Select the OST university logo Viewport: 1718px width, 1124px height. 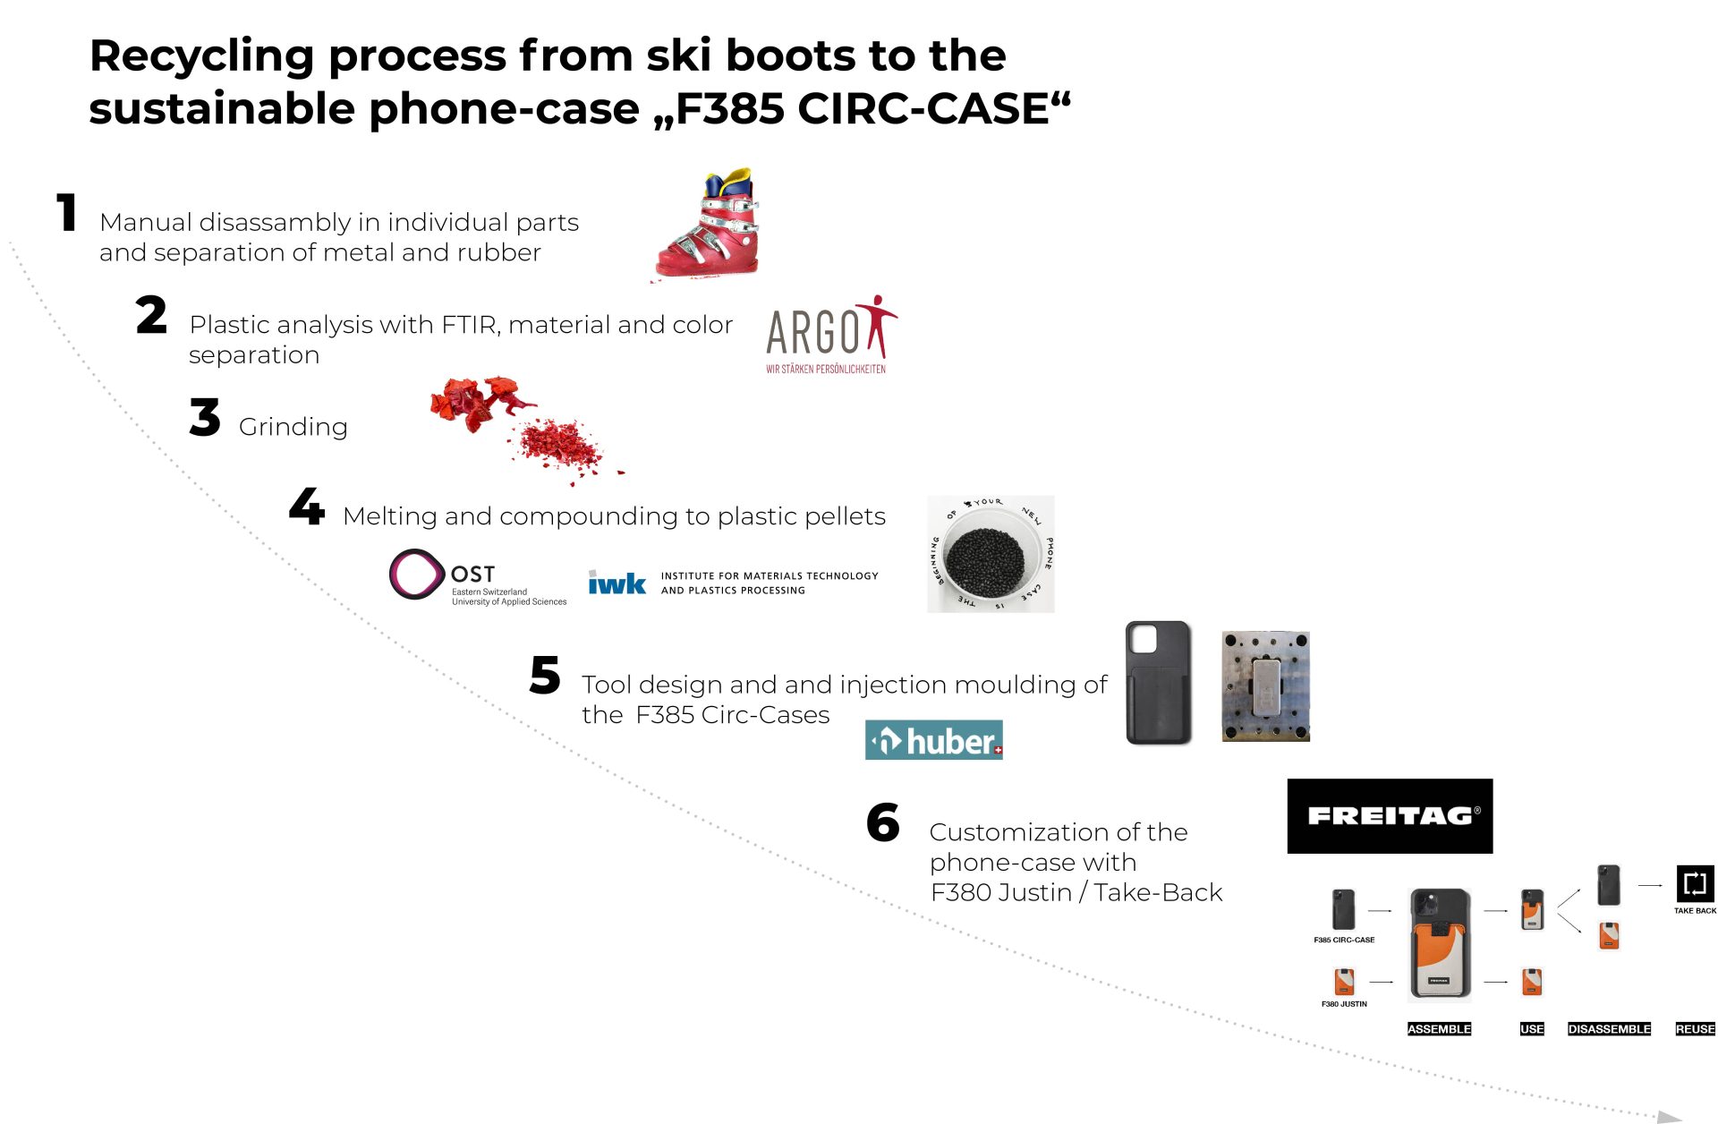478,577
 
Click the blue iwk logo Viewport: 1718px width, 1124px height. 617,583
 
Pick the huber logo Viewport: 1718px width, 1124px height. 933,740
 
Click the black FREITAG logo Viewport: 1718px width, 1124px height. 1390,816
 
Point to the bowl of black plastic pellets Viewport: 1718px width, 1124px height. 990,554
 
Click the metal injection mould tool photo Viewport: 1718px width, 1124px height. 1265,686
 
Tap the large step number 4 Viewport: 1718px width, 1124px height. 307,507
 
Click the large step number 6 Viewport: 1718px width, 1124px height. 883,823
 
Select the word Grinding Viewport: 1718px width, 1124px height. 293,427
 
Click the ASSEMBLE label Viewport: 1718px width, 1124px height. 1439,1029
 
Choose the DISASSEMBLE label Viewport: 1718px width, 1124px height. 1609,1029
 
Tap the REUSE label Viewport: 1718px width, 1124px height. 1695,1029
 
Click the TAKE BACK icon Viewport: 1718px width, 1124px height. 1695,884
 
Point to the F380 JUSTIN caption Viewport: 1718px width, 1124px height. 1344,1004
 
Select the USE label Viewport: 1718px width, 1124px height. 1532,1029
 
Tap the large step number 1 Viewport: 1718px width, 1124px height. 67,213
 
